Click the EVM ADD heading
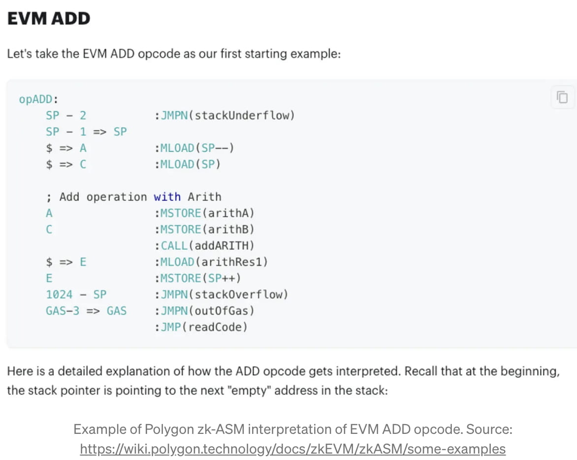coord(48,19)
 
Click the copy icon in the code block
coord(562,97)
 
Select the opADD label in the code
coord(36,99)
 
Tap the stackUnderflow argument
coord(243,116)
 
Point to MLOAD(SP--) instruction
coord(197,148)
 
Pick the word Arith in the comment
coord(204,197)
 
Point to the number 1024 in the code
coord(59,295)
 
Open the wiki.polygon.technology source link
coord(292,449)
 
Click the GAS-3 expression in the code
coord(63,311)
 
